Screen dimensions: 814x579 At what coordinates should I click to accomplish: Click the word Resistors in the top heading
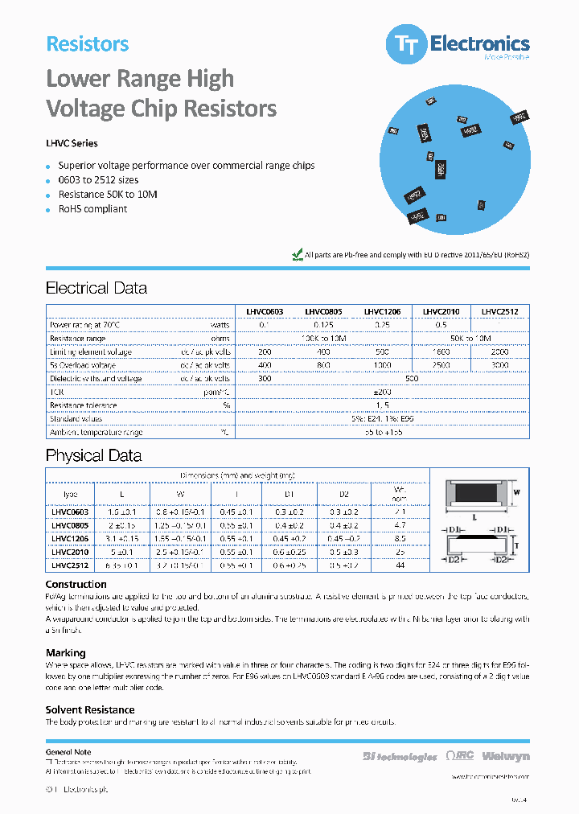click(88, 44)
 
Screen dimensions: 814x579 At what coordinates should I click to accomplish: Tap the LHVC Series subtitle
click(72, 144)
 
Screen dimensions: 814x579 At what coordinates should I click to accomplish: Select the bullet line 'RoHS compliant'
click(92, 209)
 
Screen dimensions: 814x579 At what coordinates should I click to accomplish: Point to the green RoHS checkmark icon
click(296, 254)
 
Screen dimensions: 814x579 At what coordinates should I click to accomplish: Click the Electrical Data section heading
click(96, 288)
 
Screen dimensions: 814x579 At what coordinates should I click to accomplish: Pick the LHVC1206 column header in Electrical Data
click(382, 311)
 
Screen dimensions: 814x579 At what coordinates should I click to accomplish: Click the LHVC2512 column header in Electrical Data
click(499, 311)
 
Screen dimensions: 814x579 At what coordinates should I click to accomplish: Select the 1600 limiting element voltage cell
click(441, 351)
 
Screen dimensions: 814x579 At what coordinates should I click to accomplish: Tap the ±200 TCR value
click(382, 393)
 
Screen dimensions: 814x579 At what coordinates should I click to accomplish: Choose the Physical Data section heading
click(93, 456)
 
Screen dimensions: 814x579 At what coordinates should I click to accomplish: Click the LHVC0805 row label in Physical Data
click(70, 525)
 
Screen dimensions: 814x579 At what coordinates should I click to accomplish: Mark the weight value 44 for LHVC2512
click(400, 566)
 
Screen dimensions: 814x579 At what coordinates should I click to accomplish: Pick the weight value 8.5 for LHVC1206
click(400, 539)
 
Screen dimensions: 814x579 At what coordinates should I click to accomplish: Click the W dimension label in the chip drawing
click(517, 492)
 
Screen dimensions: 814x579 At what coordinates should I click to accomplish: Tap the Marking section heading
click(65, 653)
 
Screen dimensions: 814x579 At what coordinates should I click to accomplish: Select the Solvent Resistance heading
click(90, 709)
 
